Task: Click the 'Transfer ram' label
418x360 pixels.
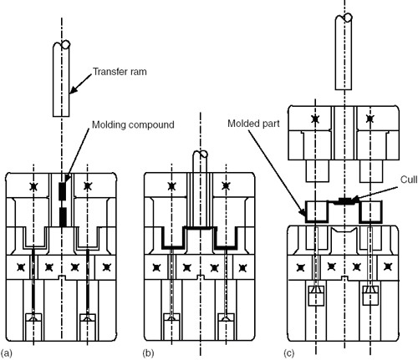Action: (x=120, y=72)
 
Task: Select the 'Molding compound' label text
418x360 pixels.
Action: (x=133, y=124)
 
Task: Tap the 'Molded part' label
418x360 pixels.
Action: (x=253, y=124)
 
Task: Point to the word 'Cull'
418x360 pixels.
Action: (x=409, y=180)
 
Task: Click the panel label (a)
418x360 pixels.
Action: (x=7, y=353)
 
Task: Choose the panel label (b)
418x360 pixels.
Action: (x=148, y=353)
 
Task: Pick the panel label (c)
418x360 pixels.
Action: (x=289, y=353)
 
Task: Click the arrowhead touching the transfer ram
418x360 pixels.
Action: (x=73, y=90)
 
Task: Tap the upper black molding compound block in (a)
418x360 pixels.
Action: (x=63, y=191)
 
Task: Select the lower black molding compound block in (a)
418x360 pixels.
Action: (x=64, y=217)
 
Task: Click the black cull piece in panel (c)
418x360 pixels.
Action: (x=344, y=201)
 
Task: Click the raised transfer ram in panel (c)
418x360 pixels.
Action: (x=343, y=52)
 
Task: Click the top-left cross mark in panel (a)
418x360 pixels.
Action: (x=33, y=186)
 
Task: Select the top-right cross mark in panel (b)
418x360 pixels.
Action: (x=226, y=186)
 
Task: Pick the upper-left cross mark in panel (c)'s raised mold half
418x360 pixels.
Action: (x=315, y=119)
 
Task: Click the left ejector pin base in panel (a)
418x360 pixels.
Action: (x=33, y=327)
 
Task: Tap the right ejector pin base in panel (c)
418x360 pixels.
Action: (x=370, y=296)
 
